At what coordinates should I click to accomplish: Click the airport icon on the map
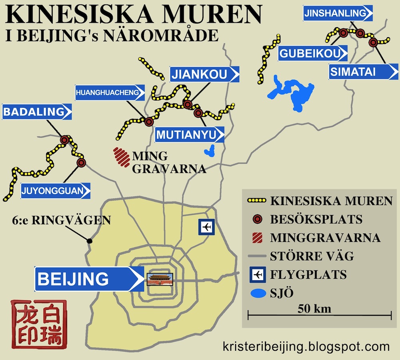pos(207,227)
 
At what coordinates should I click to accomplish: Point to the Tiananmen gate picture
pos(160,279)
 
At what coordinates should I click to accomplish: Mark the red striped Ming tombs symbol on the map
pos(121,157)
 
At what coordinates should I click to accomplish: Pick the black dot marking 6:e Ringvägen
pos(90,241)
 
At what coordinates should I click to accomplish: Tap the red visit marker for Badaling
pos(65,139)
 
